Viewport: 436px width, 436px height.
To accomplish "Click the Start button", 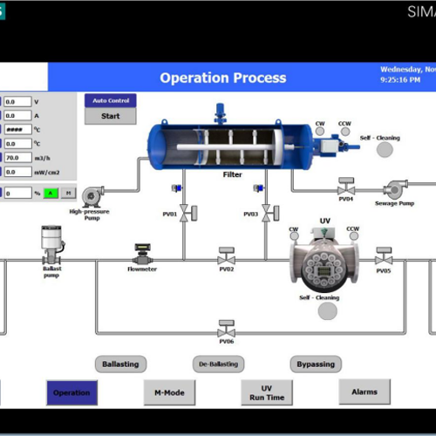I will coord(111,116).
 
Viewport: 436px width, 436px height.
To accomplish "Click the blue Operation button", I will coord(72,392).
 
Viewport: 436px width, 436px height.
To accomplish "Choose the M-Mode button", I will coord(169,392).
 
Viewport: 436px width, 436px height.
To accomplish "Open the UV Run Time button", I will coord(267,392).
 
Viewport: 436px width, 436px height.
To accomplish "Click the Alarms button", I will coord(364,392).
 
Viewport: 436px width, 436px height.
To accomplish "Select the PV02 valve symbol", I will coord(226,257).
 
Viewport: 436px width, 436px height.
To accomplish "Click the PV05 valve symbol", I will coord(384,257).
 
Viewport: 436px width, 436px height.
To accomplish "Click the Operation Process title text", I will coord(222,78).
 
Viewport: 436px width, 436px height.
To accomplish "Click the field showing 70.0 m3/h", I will coord(18,158).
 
